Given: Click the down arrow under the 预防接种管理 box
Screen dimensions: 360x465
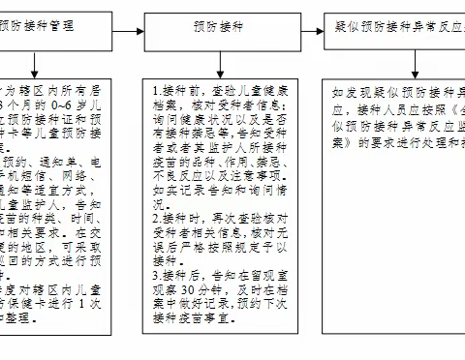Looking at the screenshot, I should (35, 60).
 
